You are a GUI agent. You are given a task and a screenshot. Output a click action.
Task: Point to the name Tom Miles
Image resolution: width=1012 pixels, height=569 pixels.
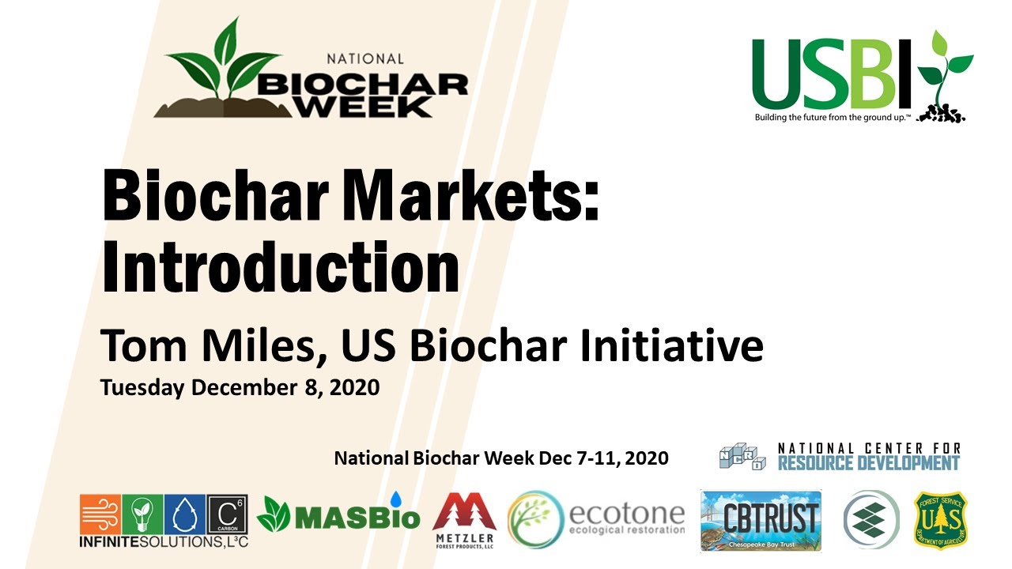212,345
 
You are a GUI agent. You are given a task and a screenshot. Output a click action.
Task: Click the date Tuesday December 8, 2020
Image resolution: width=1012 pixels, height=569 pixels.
240,388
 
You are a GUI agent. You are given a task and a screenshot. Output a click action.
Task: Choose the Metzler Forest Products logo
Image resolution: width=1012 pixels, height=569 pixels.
464,522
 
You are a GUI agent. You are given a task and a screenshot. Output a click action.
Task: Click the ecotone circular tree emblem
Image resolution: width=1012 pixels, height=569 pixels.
535,519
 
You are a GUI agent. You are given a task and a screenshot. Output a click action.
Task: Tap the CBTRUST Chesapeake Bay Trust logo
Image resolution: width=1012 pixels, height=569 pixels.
761,519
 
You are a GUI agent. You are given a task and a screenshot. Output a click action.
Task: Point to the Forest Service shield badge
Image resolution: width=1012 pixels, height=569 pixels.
941,519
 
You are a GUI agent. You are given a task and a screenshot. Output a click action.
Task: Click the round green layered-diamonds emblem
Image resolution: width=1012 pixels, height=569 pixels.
870,519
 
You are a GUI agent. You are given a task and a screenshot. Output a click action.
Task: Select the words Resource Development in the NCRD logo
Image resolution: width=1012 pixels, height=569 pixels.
869,462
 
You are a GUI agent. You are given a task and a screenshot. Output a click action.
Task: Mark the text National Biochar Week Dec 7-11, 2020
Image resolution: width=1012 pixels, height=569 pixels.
501,458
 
